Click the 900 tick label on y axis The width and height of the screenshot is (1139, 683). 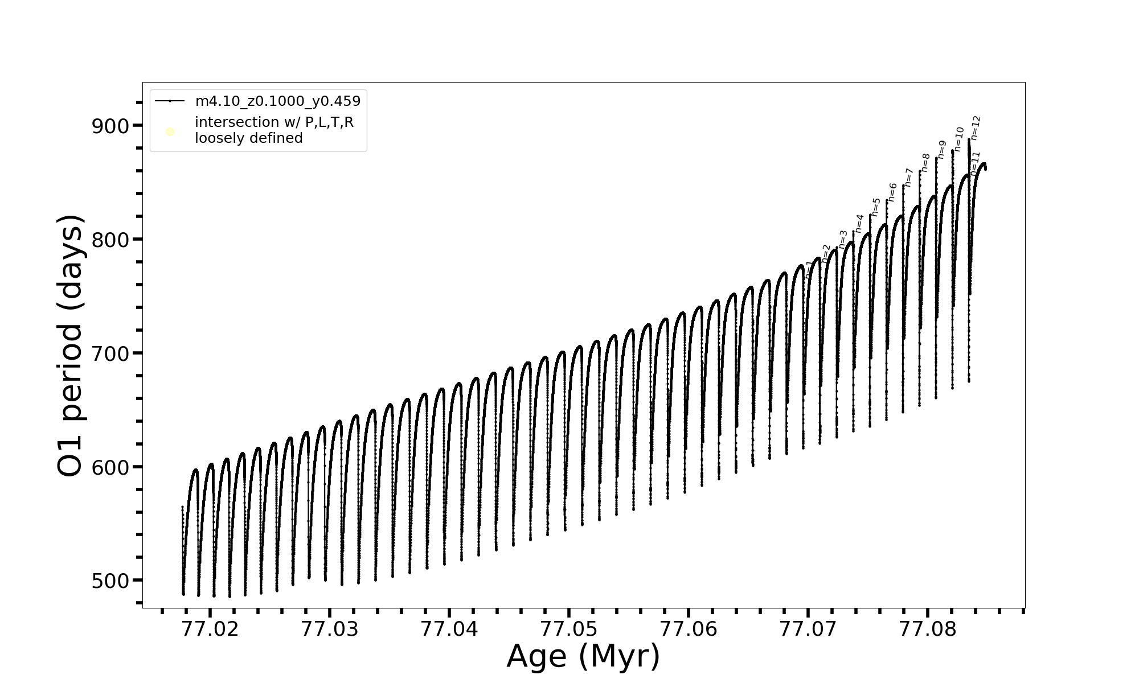(x=110, y=126)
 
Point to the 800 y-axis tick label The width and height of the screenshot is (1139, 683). (x=110, y=240)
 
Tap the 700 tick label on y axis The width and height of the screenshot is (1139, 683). (x=110, y=354)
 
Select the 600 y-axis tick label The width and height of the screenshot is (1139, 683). (x=110, y=468)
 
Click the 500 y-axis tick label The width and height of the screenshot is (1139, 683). (x=110, y=581)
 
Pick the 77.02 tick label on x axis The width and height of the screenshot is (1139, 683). (x=210, y=629)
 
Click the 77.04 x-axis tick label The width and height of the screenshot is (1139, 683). (x=449, y=629)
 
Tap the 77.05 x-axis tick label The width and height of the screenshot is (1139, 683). (x=569, y=629)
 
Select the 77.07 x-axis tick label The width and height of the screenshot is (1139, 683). (x=808, y=629)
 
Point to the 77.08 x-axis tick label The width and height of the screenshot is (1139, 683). (x=928, y=629)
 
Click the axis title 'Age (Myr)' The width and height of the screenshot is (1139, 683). (x=583, y=656)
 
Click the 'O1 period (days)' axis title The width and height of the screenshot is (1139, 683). (x=72, y=345)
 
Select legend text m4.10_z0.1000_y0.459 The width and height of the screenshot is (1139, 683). (x=278, y=101)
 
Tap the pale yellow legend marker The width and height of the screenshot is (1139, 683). (x=170, y=132)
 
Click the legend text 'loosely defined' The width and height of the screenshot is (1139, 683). (x=249, y=138)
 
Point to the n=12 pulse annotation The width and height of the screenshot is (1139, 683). (x=976, y=128)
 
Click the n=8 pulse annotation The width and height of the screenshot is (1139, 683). (x=925, y=163)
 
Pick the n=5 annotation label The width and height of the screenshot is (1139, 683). (x=876, y=207)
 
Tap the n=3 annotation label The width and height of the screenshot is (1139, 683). (x=843, y=240)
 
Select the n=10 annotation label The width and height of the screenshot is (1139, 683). (x=959, y=139)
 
